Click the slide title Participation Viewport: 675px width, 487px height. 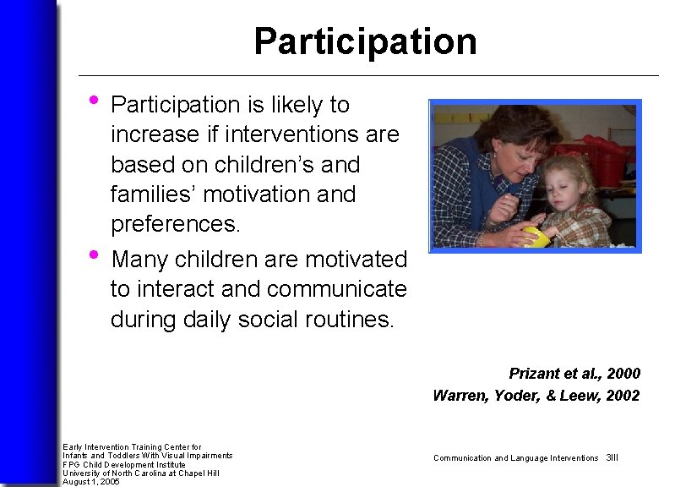click(x=365, y=41)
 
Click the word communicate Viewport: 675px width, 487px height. click(x=336, y=289)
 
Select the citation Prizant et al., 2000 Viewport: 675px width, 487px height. click(x=574, y=373)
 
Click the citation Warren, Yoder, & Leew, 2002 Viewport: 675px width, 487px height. click(x=536, y=395)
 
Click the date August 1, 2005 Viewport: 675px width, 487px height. click(x=91, y=482)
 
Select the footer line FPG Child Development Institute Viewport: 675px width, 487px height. click(x=124, y=464)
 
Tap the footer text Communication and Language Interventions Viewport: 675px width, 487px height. click(x=515, y=457)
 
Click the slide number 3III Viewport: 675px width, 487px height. click(x=612, y=457)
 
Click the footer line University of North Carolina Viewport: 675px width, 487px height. click(x=140, y=473)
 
